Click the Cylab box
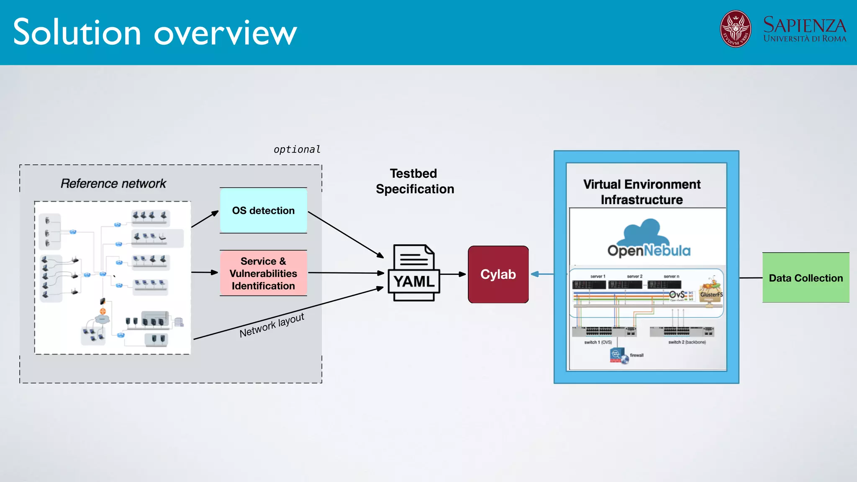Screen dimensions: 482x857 tap(498, 274)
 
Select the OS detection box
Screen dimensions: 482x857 tap(263, 210)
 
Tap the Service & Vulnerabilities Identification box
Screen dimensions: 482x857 tap(263, 273)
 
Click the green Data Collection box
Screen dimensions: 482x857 tap(806, 278)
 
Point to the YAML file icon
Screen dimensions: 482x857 tap(413, 273)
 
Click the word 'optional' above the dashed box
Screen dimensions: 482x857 tap(297, 149)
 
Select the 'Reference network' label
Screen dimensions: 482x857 tap(113, 183)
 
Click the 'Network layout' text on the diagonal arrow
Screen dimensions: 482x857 tap(272, 325)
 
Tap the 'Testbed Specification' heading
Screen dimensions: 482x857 tap(414, 181)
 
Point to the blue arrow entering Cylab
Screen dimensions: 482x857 tap(542, 274)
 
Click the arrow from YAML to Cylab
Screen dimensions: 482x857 tap(453, 274)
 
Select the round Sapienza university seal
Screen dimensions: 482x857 tap(735, 29)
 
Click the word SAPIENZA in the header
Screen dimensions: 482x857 tap(804, 25)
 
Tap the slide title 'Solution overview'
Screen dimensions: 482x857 tap(155, 32)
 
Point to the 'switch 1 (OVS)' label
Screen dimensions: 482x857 tap(598, 342)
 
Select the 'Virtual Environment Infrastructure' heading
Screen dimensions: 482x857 tap(641, 192)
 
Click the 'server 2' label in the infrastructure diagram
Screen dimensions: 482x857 tap(634, 277)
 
